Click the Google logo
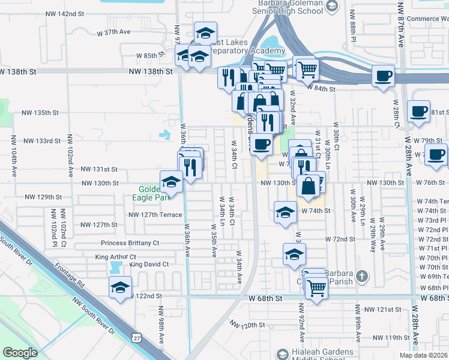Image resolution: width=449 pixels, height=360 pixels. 20,353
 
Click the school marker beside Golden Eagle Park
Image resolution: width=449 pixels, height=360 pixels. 171,181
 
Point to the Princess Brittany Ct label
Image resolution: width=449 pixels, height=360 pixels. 130,243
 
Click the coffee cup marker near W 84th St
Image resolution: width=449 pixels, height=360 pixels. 382,76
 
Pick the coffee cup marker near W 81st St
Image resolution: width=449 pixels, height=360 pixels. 418,112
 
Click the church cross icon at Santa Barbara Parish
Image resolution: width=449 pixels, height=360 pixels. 361,276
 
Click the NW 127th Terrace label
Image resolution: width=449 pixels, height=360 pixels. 155,214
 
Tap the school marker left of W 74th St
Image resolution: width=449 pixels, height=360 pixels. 285,212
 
